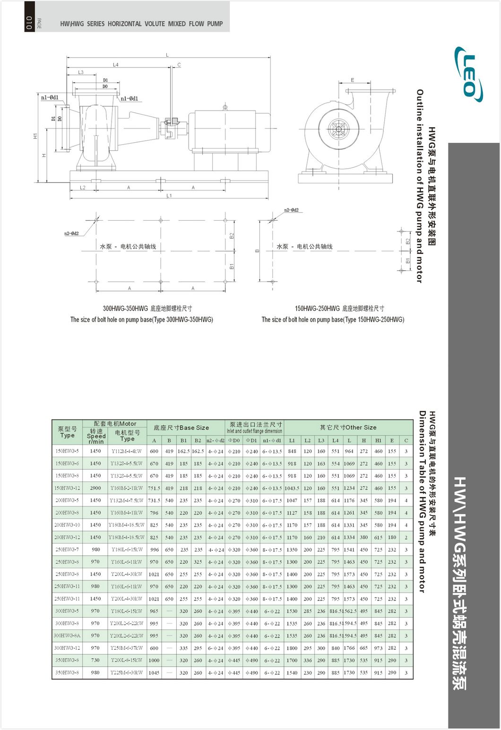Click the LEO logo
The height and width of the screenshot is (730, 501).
click(x=468, y=74)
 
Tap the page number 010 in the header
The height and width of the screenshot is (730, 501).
click(x=29, y=23)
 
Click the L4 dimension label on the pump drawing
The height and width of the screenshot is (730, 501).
click(x=115, y=65)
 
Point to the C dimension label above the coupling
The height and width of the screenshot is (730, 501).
click(x=179, y=65)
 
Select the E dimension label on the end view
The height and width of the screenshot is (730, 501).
click(x=352, y=80)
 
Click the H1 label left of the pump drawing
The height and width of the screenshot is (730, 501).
click(x=35, y=136)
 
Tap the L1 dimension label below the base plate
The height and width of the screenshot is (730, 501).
click(x=169, y=196)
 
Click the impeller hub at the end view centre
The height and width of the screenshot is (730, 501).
click(x=339, y=129)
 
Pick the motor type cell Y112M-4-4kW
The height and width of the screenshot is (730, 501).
click(x=126, y=451)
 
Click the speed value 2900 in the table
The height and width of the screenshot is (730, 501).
click(x=95, y=488)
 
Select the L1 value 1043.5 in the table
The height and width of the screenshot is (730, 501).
click(x=292, y=488)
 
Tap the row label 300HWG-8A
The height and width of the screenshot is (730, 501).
click(x=67, y=636)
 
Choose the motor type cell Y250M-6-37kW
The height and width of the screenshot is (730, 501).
click(x=126, y=648)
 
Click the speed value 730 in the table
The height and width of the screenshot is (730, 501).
click(x=95, y=660)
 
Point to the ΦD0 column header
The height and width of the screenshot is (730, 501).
click(x=234, y=440)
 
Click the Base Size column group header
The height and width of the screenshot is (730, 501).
click(x=181, y=428)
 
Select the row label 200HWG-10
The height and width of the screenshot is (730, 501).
click(x=67, y=525)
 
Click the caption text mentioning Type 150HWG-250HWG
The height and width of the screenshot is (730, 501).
click(x=333, y=320)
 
